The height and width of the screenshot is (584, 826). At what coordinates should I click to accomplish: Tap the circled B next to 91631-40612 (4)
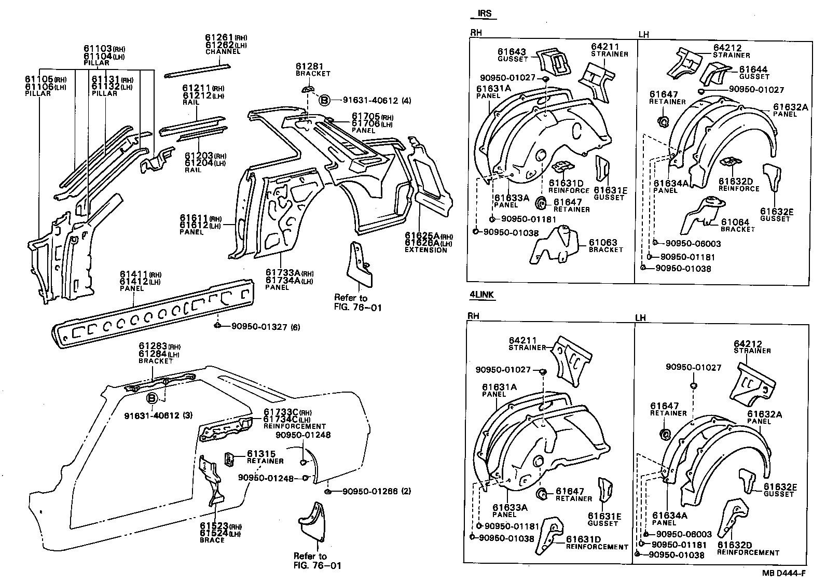pyautogui.click(x=324, y=100)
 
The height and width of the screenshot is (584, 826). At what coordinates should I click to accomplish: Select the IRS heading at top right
pyautogui.click(x=485, y=14)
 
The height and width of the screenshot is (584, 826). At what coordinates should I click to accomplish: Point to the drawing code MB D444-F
pyautogui.click(x=783, y=573)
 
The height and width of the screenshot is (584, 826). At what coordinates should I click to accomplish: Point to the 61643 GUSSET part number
pyautogui.click(x=512, y=52)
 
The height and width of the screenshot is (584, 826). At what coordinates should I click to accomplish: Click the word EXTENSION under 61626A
pyautogui.click(x=425, y=250)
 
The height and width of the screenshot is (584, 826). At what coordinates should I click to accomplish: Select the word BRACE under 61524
pyautogui.click(x=212, y=540)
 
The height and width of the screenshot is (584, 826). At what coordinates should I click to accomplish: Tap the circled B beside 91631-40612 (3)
pyautogui.click(x=152, y=399)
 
